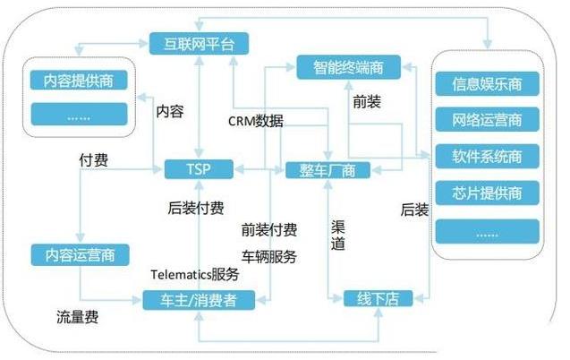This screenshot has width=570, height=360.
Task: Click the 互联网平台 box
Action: click(x=198, y=42)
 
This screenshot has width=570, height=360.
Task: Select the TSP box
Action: click(x=199, y=168)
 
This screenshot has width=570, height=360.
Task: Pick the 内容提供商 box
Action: click(x=78, y=81)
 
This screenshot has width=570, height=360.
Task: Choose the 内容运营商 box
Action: click(x=79, y=254)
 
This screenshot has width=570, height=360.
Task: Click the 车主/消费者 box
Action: click(x=199, y=299)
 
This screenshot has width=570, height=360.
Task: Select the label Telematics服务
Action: click(x=194, y=274)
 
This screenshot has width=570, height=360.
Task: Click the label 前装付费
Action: click(x=269, y=229)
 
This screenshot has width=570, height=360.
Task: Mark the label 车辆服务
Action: click(x=269, y=256)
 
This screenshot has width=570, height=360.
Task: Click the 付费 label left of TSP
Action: click(x=94, y=160)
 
